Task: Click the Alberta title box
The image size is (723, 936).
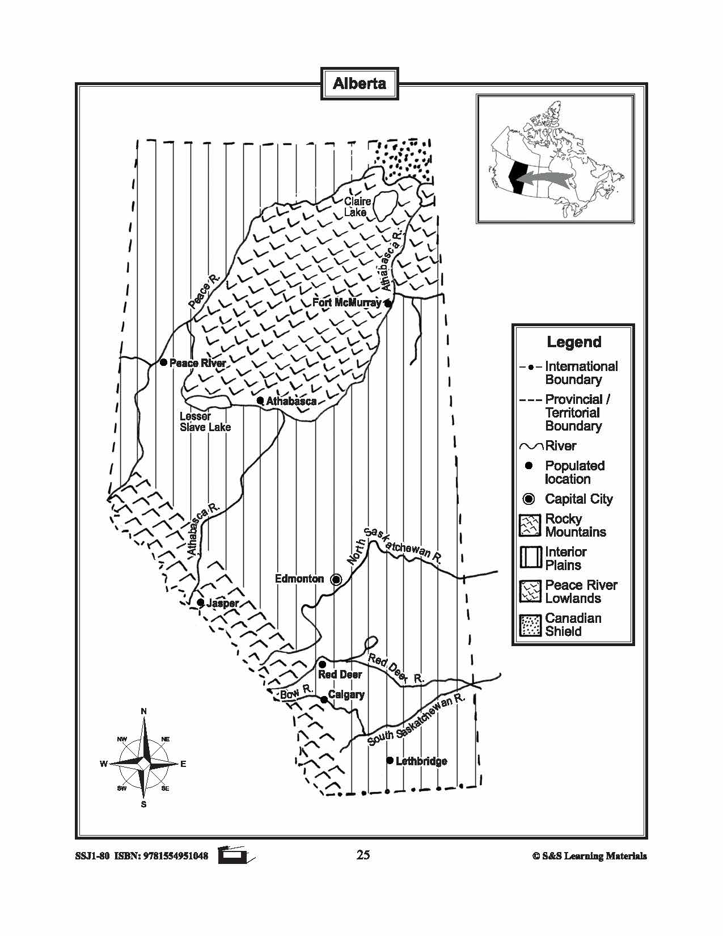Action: tap(360, 84)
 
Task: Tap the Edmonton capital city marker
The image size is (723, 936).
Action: tap(336, 579)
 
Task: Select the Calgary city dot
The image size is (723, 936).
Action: tap(324, 700)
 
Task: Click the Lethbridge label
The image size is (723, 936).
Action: tap(421, 761)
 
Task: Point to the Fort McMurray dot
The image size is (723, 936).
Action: tap(388, 303)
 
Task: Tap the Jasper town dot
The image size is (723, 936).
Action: tap(200, 602)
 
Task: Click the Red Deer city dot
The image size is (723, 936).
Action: tap(322, 664)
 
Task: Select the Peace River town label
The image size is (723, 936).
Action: tap(197, 363)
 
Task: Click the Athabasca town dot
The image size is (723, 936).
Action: tap(260, 400)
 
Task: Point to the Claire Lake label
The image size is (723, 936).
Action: tap(357, 207)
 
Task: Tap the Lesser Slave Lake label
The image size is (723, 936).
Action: tap(205, 421)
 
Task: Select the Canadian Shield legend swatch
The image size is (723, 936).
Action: tap(530, 625)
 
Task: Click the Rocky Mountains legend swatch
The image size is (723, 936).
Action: tap(530, 525)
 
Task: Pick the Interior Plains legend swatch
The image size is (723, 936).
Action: tap(530, 558)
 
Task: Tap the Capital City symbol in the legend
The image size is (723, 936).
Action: tap(529, 499)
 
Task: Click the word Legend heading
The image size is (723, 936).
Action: tap(574, 342)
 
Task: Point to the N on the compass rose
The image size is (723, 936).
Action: tap(144, 712)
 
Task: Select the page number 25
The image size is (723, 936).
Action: tap(363, 855)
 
